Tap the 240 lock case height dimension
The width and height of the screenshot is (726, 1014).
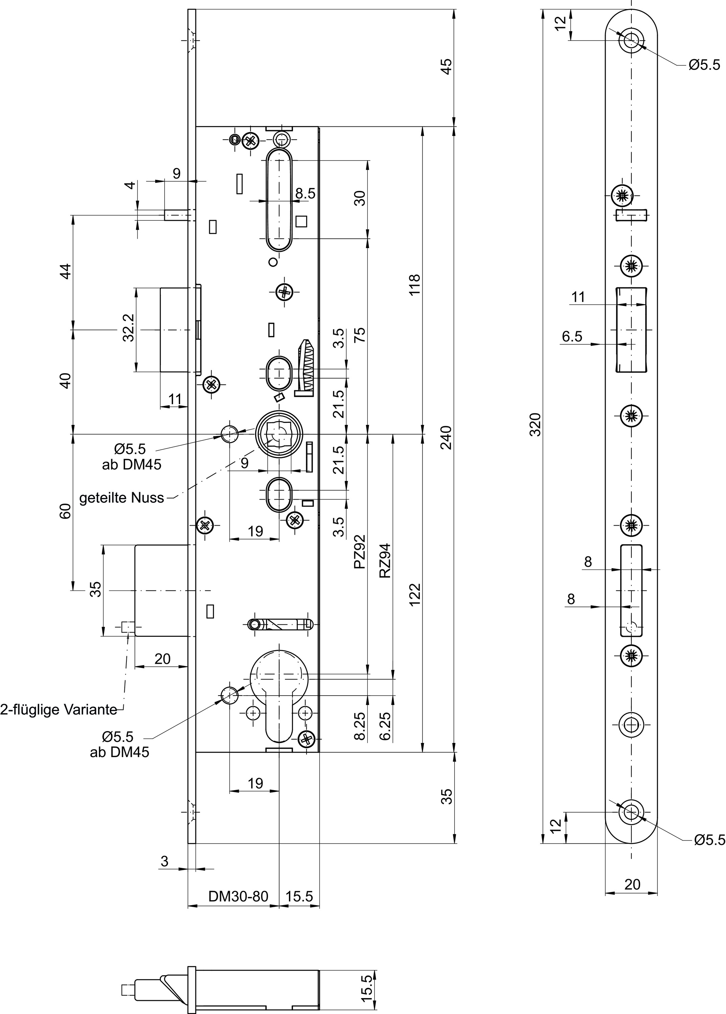pos(446,438)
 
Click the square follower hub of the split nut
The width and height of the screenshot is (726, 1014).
pos(278,434)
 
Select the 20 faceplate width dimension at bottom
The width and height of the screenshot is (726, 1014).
pos(632,884)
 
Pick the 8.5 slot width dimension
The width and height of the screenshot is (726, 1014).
pos(305,194)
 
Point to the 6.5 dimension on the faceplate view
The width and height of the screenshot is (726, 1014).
pos(572,336)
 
